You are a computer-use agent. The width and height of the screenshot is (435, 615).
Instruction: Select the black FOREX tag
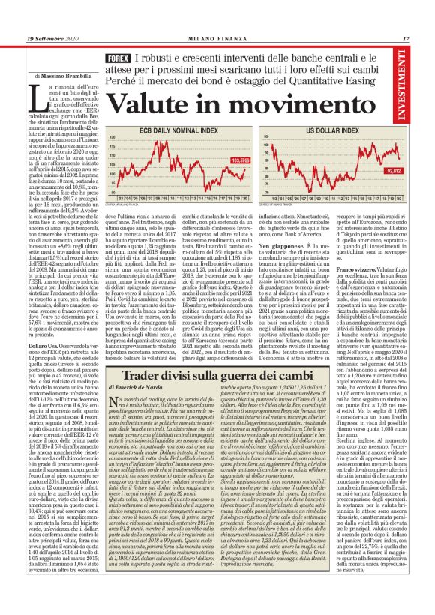click(x=119, y=58)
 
